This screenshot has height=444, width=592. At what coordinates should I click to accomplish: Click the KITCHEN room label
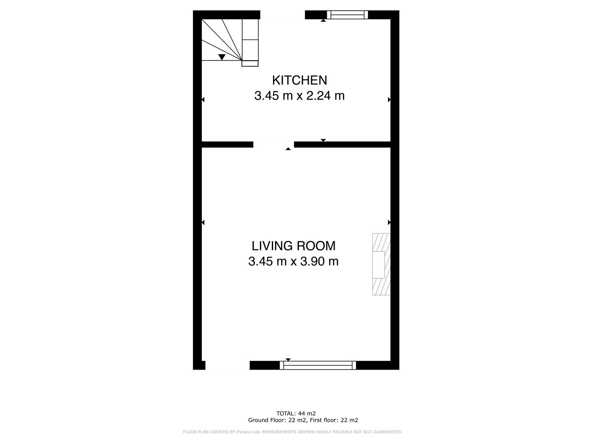[299, 80]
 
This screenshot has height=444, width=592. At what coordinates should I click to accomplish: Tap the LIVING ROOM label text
[294, 246]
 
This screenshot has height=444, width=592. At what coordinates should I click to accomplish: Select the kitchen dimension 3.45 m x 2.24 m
[299, 96]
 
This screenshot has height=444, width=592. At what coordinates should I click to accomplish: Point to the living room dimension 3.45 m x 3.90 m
[294, 261]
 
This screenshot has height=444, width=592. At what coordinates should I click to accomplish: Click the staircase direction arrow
[222, 57]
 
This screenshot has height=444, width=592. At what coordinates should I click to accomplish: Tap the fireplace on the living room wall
[381, 264]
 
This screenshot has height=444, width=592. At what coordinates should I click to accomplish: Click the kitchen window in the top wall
[347, 15]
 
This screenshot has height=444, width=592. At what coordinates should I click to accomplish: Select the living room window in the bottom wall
[318, 365]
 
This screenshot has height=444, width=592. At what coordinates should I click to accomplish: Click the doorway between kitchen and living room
[273, 144]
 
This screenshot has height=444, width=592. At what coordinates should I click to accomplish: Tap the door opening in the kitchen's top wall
[282, 15]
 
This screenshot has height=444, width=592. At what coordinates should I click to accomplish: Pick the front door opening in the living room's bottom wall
[227, 365]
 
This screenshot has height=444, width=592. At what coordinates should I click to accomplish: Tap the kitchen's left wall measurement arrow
[203, 99]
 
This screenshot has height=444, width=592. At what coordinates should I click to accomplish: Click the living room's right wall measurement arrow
[389, 222]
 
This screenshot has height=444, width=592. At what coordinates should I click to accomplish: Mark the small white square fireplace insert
[379, 265]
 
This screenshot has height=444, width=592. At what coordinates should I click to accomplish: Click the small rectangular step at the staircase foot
[250, 63]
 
